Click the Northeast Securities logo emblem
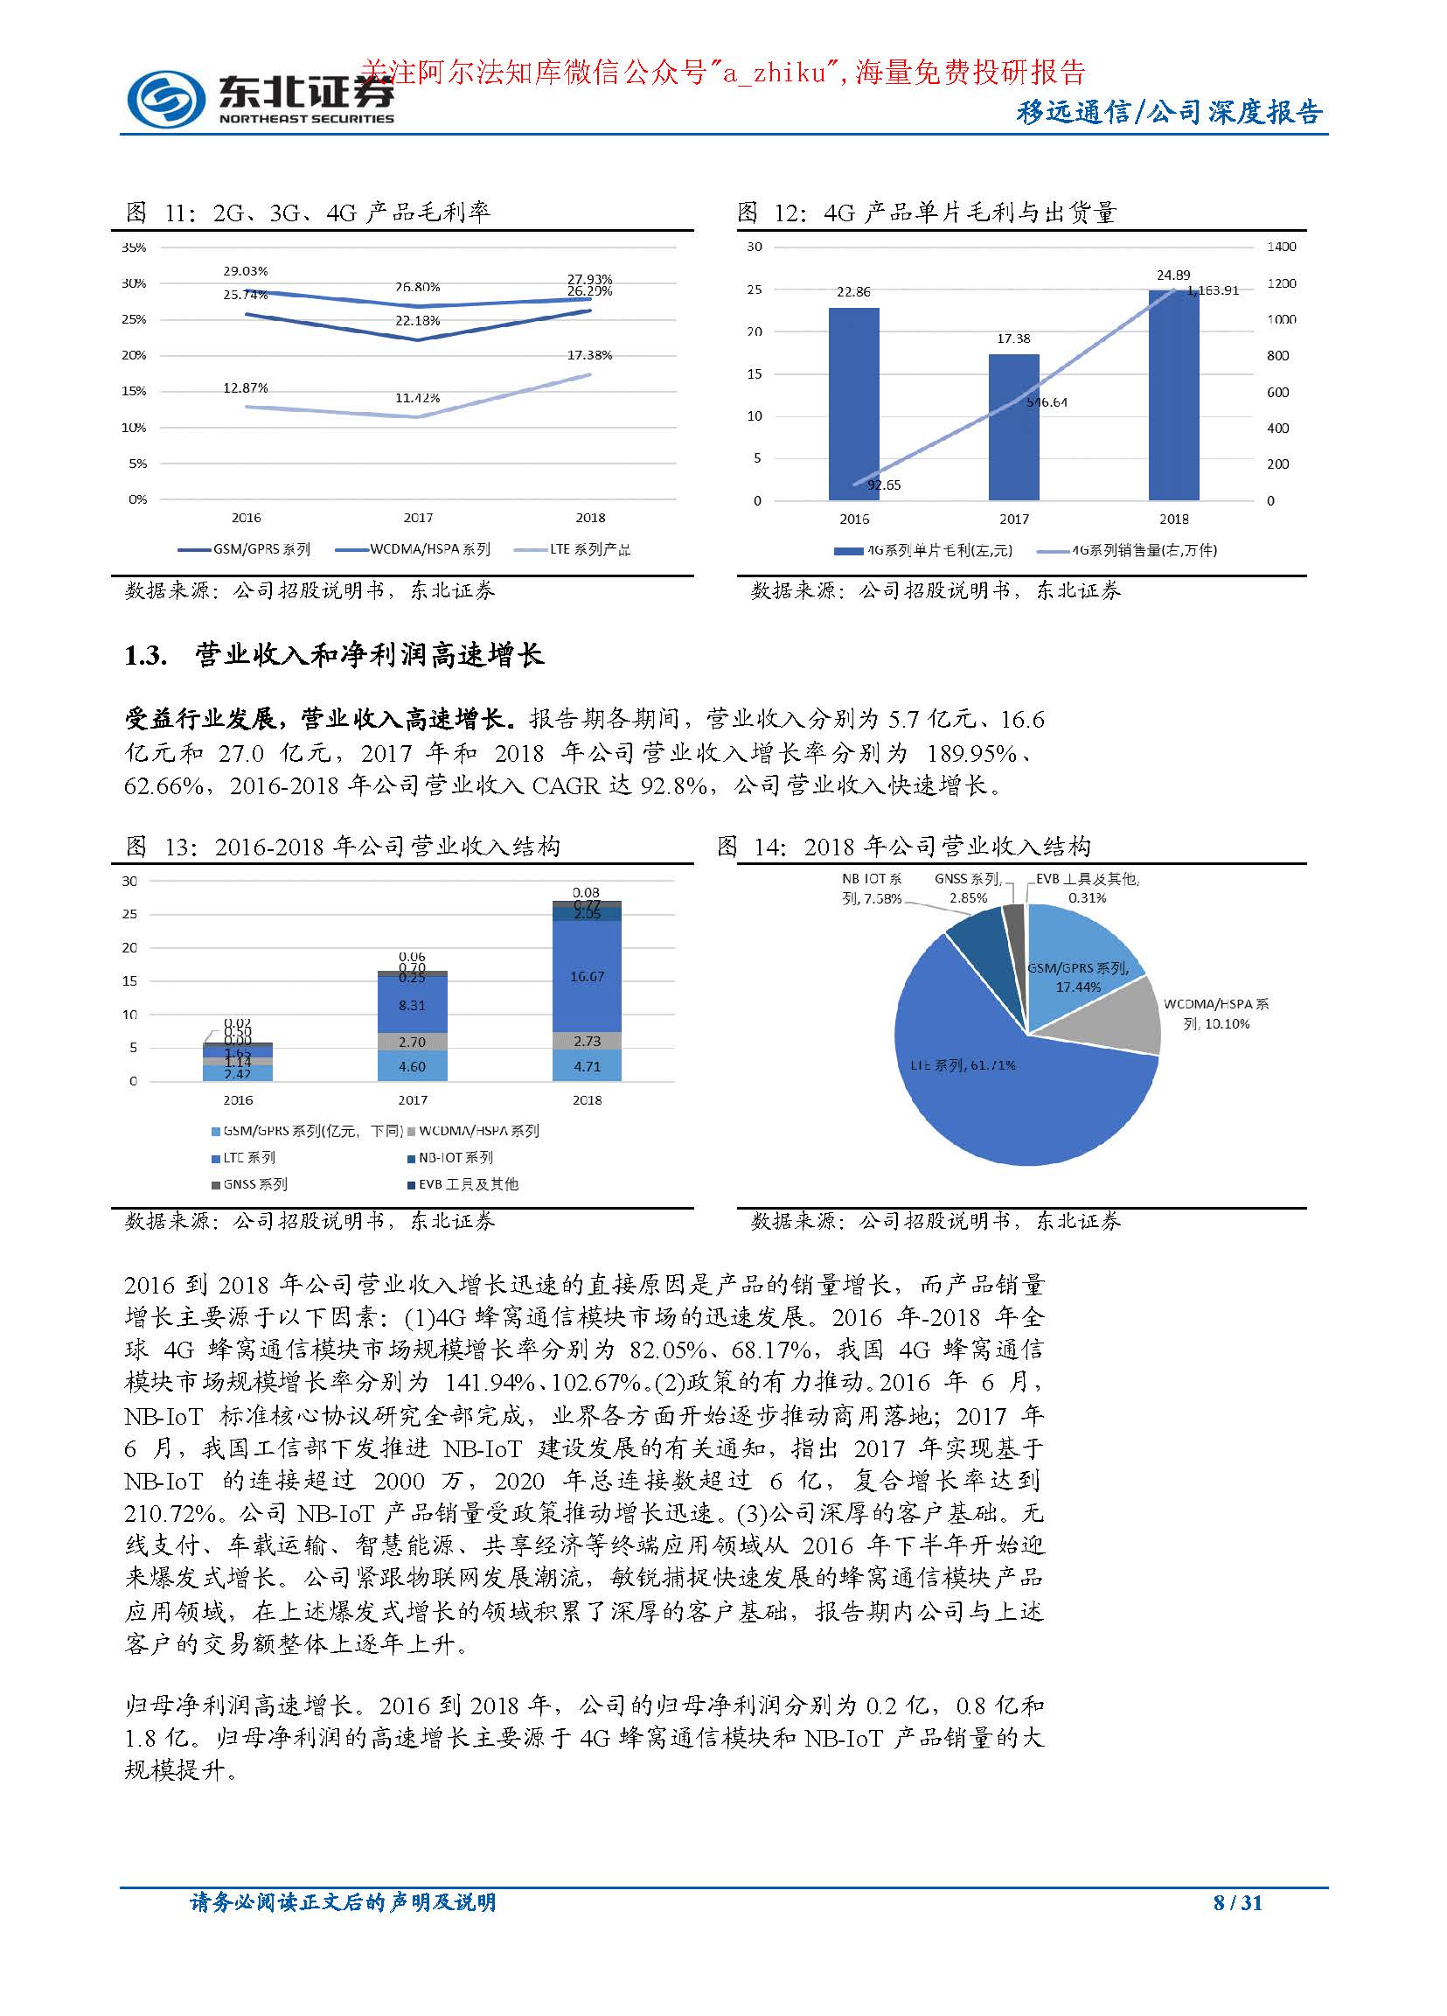(164, 97)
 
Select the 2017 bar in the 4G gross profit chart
(1013, 427)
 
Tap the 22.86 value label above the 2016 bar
(853, 291)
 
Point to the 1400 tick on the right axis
(1281, 247)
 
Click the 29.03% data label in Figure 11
(246, 270)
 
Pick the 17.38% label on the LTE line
(589, 355)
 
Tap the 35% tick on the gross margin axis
(133, 248)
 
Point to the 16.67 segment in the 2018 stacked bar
(587, 976)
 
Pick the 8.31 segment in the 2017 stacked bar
(412, 1005)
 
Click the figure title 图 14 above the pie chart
(903, 847)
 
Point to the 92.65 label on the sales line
(883, 485)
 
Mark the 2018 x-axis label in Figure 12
(1173, 519)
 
